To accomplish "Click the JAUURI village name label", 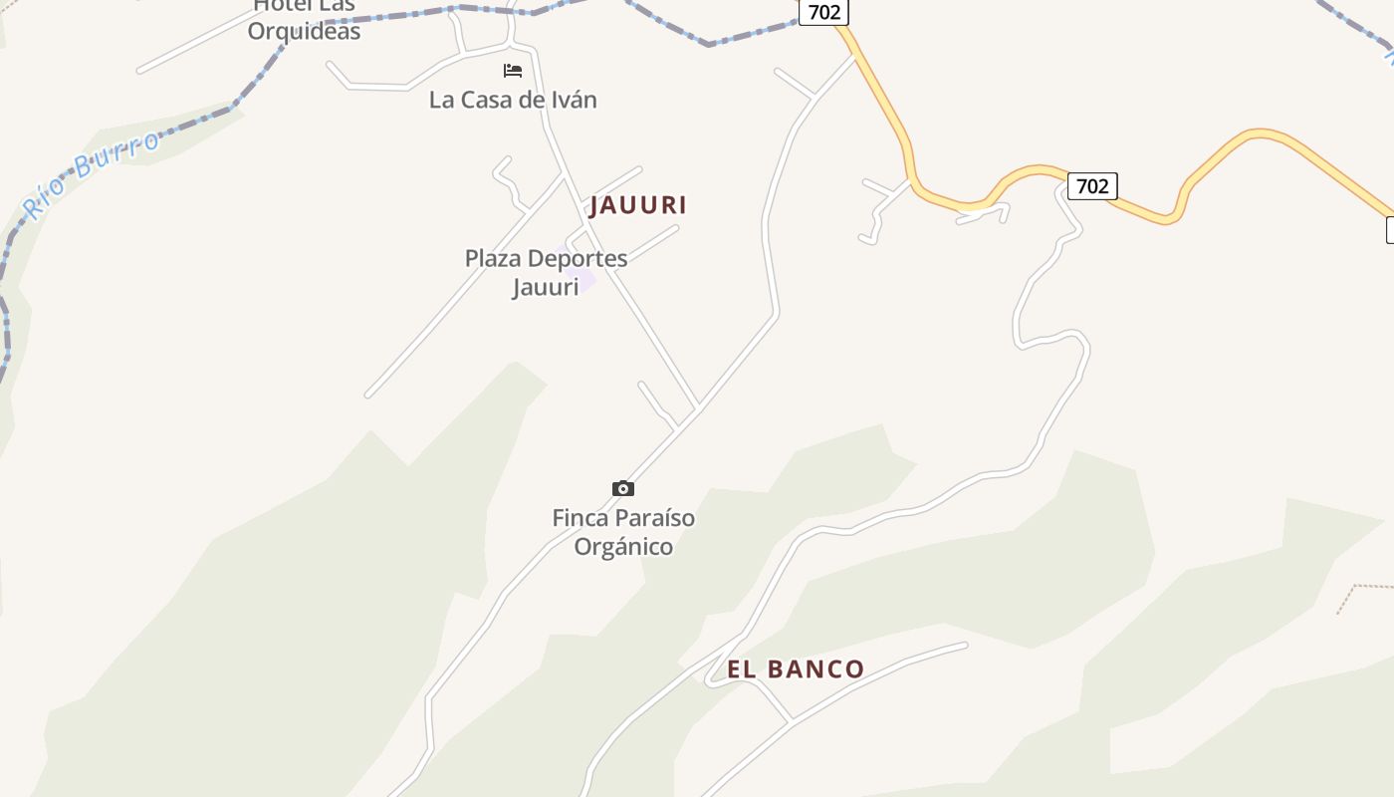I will [x=638, y=205].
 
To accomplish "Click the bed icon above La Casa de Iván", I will [x=513, y=71].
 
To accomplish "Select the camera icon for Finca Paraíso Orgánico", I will [x=623, y=488].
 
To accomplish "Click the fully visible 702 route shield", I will [x=1092, y=186].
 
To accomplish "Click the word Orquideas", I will [x=304, y=32].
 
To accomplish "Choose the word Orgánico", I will [x=623, y=547].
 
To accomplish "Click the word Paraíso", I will [x=653, y=518].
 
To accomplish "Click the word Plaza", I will [x=493, y=259].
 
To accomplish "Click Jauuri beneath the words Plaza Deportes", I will [x=545, y=288].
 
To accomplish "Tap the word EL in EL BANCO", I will [x=743, y=669].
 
